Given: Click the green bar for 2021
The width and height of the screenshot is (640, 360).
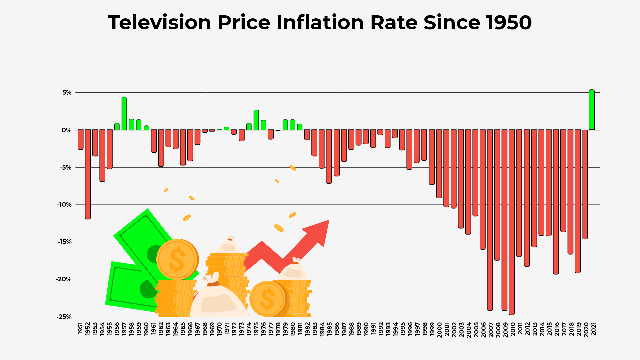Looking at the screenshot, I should click(592, 110).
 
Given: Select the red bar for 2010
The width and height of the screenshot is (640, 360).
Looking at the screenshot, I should click(512, 222).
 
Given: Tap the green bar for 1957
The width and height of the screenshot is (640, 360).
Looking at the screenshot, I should click(124, 114).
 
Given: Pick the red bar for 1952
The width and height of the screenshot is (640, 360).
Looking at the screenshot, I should click(88, 174).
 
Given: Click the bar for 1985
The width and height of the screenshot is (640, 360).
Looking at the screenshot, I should click(329, 156).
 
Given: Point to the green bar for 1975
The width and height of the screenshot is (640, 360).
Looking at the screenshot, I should click(256, 120).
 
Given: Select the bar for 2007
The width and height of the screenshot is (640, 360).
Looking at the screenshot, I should click(490, 220).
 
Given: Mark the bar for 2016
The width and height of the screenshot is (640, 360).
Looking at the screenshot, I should click(556, 202).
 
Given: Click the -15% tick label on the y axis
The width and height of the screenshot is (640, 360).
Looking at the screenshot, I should click(65, 242).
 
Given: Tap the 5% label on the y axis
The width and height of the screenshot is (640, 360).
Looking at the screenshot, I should click(67, 93).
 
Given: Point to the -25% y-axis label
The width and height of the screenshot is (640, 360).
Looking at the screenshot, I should click(64, 317).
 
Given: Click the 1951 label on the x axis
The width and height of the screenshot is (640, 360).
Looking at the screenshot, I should click(80, 328).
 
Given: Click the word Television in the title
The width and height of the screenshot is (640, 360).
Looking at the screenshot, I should click(159, 23).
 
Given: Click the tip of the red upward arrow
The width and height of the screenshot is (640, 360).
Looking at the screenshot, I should click(328, 221).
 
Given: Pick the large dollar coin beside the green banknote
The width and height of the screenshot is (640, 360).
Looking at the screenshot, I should click(177, 259).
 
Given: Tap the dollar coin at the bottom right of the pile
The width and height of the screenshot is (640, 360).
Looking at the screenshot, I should click(267, 299).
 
